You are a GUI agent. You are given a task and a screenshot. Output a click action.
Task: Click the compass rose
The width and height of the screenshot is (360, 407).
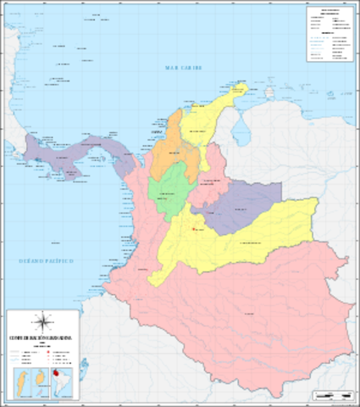pyautogui.click(x=45, y=321)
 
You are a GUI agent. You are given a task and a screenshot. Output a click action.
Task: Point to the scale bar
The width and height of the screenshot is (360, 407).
pyautogui.click(x=332, y=394)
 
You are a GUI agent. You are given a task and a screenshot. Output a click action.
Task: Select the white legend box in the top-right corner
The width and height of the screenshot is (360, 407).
pyautogui.click(x=329, y=35)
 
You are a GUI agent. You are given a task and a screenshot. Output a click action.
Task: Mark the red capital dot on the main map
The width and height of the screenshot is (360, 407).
pyautogui.click(x=195, y=228)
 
